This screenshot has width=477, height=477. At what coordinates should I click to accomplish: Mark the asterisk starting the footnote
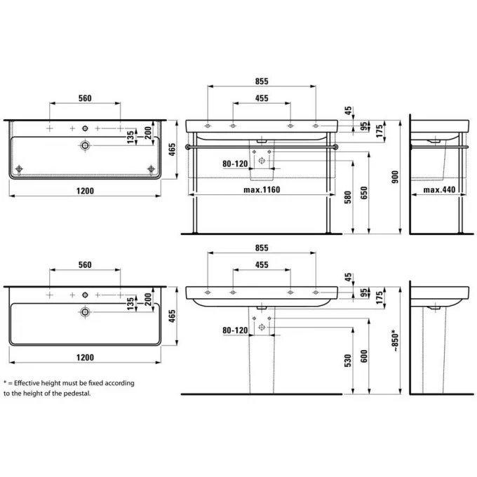point(5,383)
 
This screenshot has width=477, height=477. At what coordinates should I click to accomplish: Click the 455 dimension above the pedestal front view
point(261,266)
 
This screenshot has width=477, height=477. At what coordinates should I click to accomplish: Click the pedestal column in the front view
point(262,358)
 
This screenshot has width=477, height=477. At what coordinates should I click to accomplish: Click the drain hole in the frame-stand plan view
point(85,145)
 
